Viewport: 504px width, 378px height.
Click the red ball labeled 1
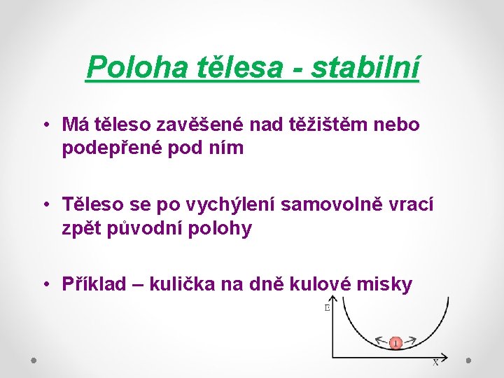395,343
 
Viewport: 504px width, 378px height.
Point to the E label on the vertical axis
327,307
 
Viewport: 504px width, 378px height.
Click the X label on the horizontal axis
435,363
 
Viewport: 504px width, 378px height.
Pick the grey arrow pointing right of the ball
411,339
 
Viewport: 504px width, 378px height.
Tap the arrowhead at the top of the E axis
335,300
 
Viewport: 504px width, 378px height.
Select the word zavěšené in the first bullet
186,125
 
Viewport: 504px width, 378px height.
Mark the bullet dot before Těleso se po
44,204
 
